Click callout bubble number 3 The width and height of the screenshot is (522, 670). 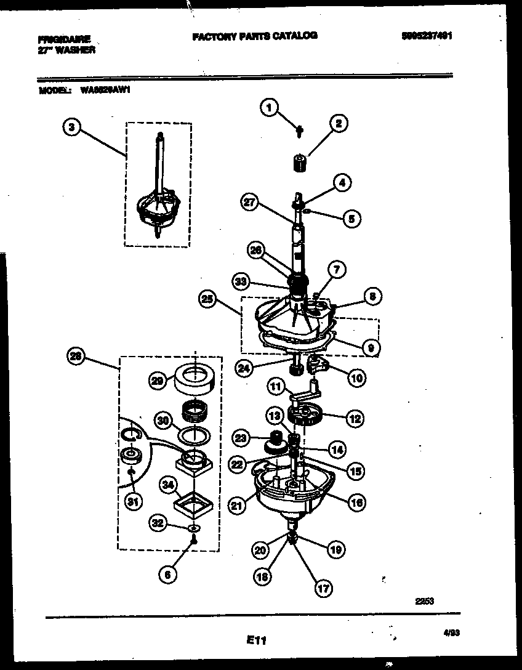(72, 128)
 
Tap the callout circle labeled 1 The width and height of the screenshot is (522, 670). (268, 108)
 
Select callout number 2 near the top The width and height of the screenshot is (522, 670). (338, 124)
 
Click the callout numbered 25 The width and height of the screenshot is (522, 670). (209, 300)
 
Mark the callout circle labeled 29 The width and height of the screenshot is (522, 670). (158, 382)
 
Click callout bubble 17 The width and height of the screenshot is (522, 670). (321, 588)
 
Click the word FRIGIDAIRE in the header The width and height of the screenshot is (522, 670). (64, 39)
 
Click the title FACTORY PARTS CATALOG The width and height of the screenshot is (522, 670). (255, 36)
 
